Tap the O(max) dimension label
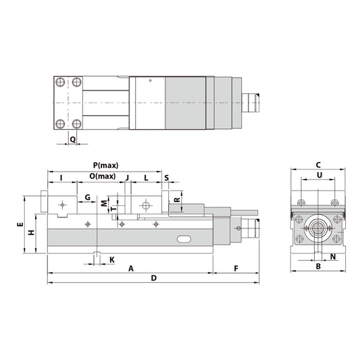point(103,176)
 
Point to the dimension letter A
point(130,268)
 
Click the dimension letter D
point(153,278)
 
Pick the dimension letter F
point(236,268)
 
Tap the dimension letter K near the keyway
point(111,259)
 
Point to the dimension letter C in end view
point(318,165)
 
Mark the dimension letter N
point(333,257)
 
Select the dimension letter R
point(176,200)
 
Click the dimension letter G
point(87,197)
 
